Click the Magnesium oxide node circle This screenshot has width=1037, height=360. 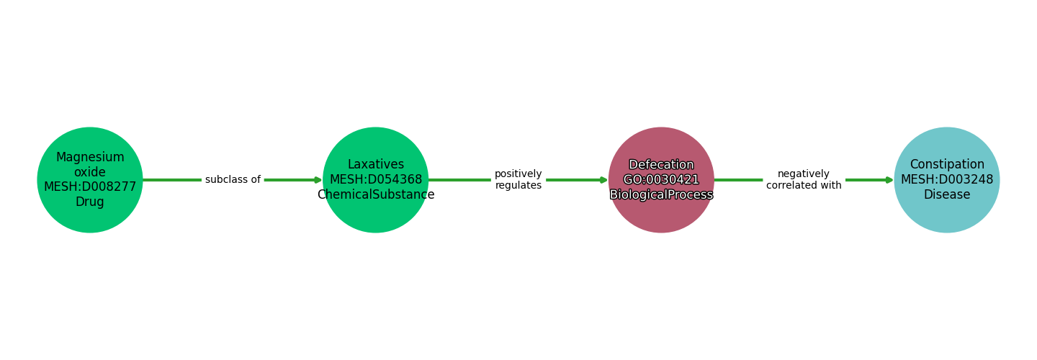pos(90,180)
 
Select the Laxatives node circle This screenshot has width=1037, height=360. pos(375,180)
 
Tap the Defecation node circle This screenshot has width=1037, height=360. pos(661,180)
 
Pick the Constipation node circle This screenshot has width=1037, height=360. pos(947,180)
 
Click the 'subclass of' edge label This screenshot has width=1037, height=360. pos(233,179)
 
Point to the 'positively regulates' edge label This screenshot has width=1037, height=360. pos(518,179)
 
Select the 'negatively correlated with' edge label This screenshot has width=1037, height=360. pos(804,179)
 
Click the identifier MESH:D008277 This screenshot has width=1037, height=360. pos(90,187)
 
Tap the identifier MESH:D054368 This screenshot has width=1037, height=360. pos(376,179)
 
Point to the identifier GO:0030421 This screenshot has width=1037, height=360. pos(661,179)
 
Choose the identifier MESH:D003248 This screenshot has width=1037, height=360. pos(947,179)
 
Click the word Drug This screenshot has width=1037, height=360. pos(90,202)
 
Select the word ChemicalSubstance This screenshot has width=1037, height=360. pos(376,194)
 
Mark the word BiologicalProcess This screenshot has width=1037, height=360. pos(661,194)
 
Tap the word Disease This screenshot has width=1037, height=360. pos(947,194)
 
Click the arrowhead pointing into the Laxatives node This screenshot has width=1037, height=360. pos(318,180)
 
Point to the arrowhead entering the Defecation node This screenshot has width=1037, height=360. pos(604,180)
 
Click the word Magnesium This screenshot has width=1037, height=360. pos(90,158)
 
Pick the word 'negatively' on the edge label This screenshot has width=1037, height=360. pos(804,174)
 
